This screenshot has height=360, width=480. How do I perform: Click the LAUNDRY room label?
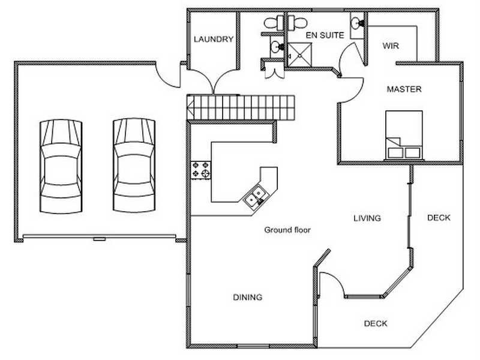(x=214, y=39)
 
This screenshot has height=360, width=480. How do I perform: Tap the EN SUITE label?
(x=325, y=35)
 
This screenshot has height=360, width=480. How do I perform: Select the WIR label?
(x=391, y=46)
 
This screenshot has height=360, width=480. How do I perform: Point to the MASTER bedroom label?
(x=404, y=89)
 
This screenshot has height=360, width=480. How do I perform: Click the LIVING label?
(x=367, y=218)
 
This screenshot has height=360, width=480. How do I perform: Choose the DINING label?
(x=248, y=297)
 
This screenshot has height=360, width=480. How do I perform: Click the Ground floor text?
(x=287, y=230)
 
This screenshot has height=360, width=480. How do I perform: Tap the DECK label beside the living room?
(x=439, y=218)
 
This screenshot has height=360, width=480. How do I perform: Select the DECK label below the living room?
(x=376, y=323)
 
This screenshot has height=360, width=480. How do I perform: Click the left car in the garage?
(x=61, y=166)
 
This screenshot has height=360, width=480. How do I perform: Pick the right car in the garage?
(x=134, y=166)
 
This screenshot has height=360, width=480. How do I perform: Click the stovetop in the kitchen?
(x=201, y=170)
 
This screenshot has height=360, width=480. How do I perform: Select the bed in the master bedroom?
(x=404, y=135)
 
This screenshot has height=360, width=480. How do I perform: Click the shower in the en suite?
(x=299, y=55)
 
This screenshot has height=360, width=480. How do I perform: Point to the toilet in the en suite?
(x=298, y=23)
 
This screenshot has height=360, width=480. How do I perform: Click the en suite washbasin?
(x=356, y=23)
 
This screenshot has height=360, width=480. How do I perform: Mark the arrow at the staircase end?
(x=190, y=107)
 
